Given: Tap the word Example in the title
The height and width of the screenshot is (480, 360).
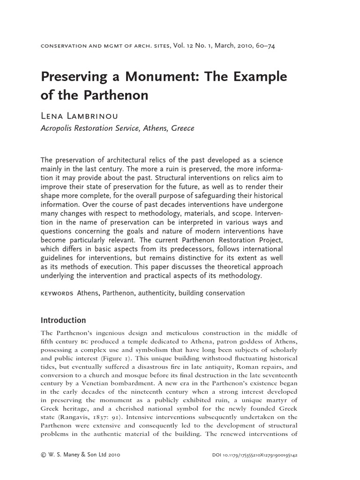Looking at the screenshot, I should pyautogui.click(x=259, y=77).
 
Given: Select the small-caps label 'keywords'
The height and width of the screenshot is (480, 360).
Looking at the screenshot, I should pyautogui.click(x=57, y=293).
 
